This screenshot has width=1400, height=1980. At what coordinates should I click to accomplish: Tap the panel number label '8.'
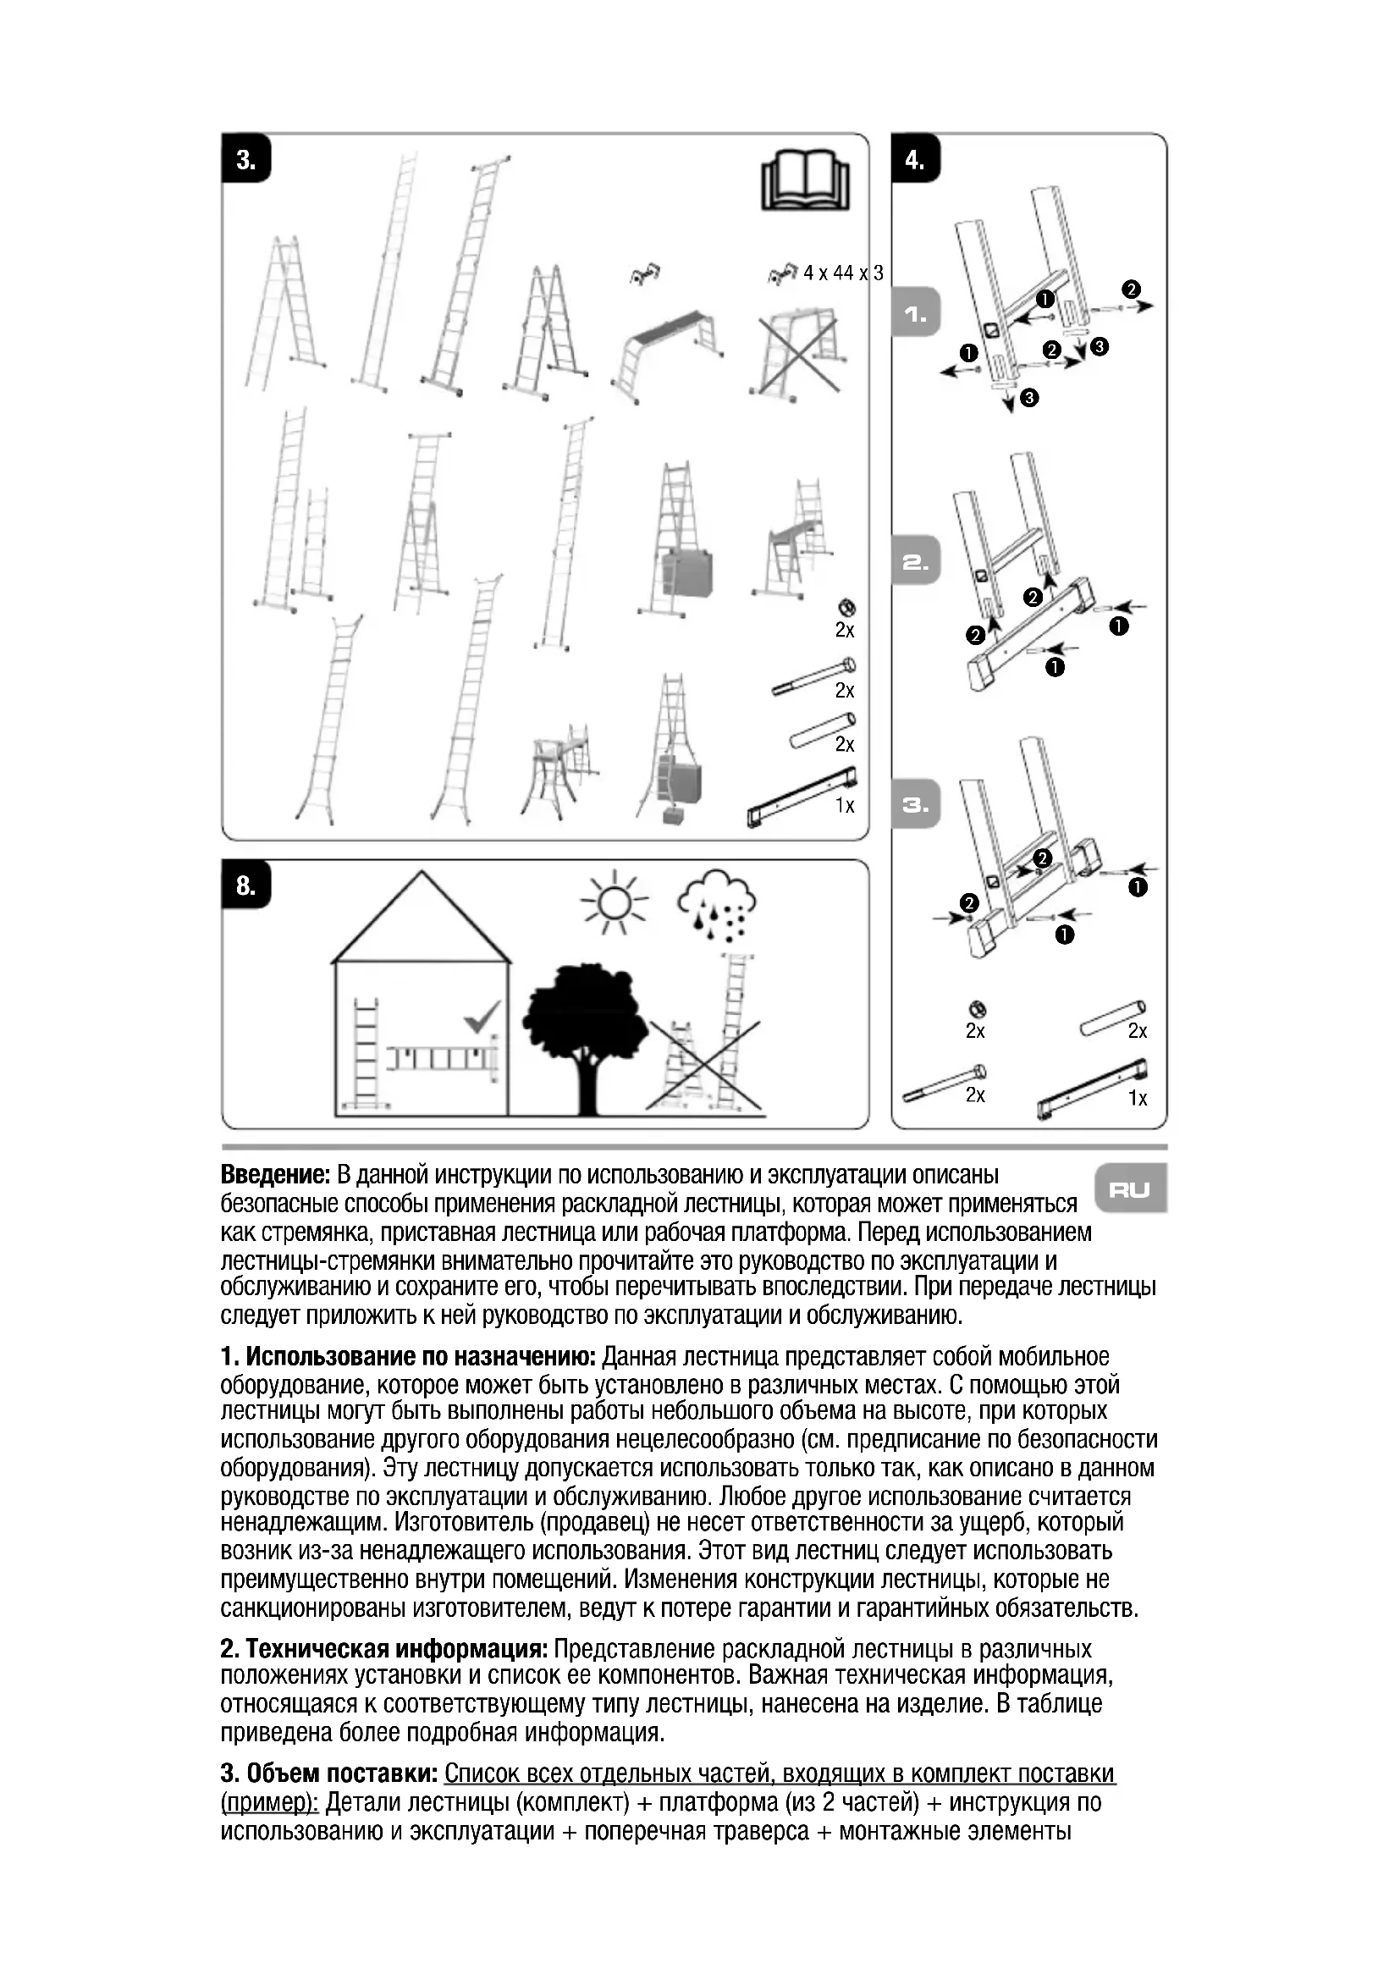click(245, 885)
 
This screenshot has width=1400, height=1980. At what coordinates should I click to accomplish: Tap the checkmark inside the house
click(481, 1017)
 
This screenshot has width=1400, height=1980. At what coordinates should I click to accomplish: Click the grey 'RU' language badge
click(1130, 1191)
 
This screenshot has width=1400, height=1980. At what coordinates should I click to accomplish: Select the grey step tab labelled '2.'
click(916, 563)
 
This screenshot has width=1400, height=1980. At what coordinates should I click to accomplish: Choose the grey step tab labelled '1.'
click(916, 316)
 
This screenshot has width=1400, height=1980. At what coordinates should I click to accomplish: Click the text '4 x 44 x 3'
click(843, 273)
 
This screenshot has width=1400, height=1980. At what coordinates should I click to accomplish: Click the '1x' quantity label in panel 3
click(845, 805)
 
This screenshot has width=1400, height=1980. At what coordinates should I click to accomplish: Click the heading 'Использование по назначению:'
click(421, 1356)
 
